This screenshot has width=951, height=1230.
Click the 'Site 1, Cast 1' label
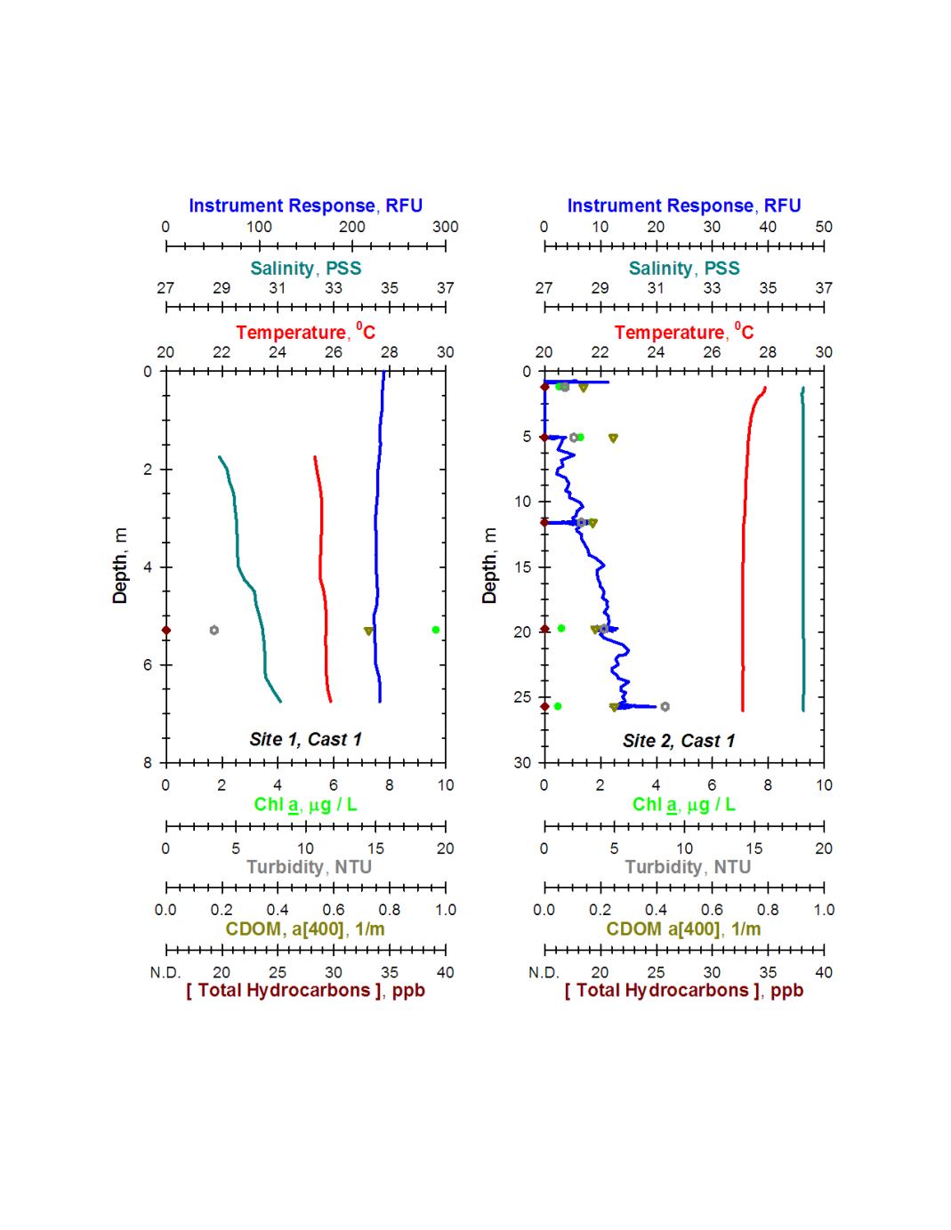[x=305, y=739]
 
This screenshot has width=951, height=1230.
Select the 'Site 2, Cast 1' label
[x=679, y=741]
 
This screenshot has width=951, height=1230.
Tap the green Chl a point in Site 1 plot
[x=436, y=630]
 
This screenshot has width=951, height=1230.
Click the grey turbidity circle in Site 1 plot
[x=214, y=630]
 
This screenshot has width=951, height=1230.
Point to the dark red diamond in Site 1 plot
[x=165, y=630]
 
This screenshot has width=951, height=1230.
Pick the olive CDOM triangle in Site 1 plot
[x=368, y=631]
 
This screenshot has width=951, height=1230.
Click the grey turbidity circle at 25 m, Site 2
[x=665, y=707]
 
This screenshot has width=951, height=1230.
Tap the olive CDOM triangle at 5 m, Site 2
[x=613, y=438]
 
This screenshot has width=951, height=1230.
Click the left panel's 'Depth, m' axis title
[x=120, y=567]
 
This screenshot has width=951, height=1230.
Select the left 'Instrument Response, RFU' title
[x=305, y=205]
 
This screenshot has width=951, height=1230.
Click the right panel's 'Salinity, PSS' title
[x=684, y=269]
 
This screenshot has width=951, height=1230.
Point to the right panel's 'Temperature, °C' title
[x=684, y=333]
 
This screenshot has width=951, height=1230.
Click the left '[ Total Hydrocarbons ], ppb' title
[x=305, y=991]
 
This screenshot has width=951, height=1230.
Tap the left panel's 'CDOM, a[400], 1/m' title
[x=305, y=929]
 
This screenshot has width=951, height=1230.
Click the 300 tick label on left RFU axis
[x=445, y=227]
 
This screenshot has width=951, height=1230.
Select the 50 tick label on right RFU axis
[x=824, y=227]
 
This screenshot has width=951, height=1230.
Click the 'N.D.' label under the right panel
[x=544, y=972]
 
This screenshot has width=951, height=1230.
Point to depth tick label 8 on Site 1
[x=148, y=762]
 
